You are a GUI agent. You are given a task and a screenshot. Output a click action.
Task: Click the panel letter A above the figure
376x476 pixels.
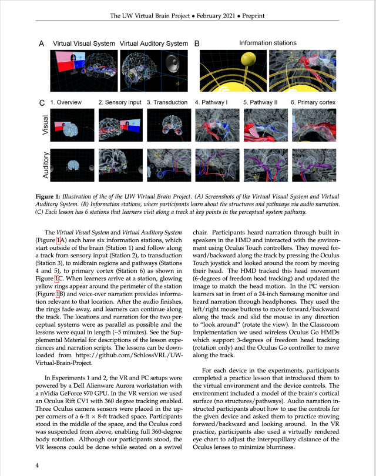click(41, 43)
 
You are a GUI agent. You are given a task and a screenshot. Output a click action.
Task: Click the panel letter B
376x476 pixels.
click(197, 43)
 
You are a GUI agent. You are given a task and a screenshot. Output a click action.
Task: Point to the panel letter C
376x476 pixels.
click(41, 103)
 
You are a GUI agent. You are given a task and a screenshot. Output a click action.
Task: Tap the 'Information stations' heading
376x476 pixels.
click(267, 43)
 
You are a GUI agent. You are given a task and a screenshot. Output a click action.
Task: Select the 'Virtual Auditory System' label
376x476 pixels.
click(154, 43)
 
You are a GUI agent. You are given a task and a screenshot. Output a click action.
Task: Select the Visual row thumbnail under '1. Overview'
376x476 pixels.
click(72, 126)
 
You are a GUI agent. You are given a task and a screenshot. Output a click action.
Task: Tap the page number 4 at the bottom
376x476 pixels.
click(38, 466)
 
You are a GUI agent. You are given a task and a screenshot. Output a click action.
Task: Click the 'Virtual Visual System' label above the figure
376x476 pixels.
click(83, 43)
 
